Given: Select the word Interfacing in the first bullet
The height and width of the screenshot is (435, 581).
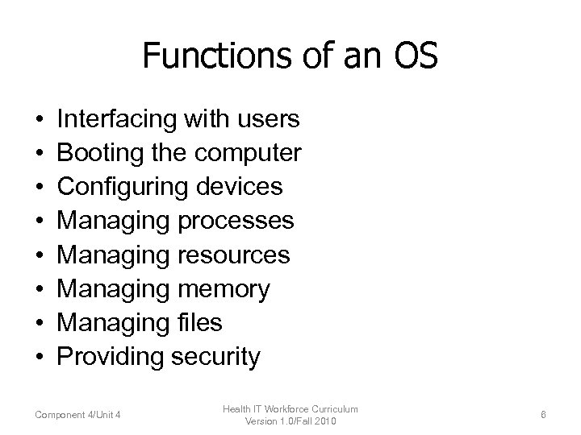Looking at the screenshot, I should [117, 120].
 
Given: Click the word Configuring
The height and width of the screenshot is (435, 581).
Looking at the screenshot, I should [123, 187].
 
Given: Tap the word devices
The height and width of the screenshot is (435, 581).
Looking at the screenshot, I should [240, 187].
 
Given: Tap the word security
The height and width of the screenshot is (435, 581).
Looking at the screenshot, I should [215, 356].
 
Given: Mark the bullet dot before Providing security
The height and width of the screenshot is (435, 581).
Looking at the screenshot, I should [39, 357].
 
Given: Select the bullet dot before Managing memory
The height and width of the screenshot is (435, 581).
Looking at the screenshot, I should [39, 289].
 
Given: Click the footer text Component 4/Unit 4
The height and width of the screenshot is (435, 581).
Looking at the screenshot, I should [78, 415].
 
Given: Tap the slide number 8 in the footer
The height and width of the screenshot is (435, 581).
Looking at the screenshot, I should [544, 415].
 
